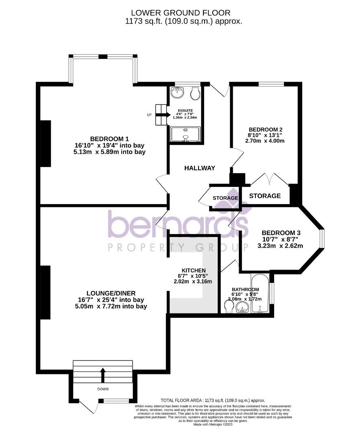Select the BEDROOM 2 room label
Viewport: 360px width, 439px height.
266,130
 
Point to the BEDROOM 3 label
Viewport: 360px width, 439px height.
281,233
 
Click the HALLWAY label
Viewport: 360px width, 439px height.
199,168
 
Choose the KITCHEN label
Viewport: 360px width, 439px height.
193,270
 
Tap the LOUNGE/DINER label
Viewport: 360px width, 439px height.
111,293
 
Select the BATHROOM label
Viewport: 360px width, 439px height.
245,289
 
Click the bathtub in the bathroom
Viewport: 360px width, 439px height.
260,293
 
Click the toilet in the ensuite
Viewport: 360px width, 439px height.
195,93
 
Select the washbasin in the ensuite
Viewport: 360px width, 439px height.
177,93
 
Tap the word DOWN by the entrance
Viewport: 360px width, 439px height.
103,389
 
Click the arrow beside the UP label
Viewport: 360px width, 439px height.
161,115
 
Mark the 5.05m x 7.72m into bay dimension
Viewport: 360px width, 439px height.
111,306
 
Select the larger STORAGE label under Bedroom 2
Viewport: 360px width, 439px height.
265,196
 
